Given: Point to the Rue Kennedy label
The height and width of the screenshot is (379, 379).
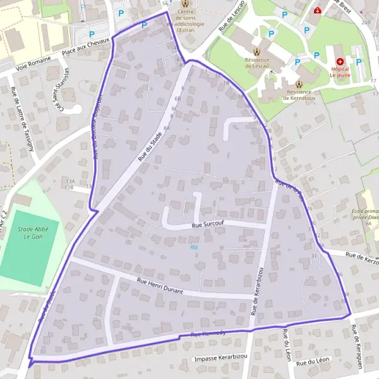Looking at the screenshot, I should tap(208, 333).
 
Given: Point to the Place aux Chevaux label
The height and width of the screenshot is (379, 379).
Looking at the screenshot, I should tap(89, 44).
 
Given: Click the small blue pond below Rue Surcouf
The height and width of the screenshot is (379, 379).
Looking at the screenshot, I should tap(193, 247).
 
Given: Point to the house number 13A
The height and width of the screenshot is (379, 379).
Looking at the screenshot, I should tap(69, 181).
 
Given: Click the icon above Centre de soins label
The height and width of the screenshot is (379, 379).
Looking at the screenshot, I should tap(185, 4).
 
